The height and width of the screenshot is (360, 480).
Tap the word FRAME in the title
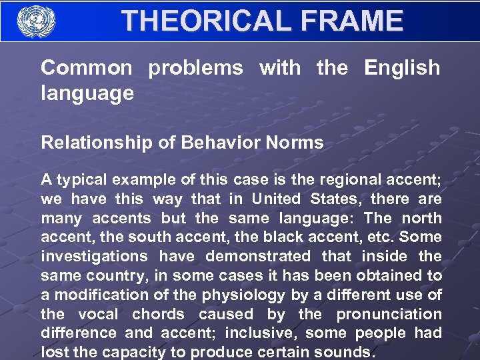[352, 21]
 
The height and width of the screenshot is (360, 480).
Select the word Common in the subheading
[87, 67]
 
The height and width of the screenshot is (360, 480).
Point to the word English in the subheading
[401, 67]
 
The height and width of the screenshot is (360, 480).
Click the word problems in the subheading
[195, 67]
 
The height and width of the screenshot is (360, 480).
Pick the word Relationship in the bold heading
[86, 142]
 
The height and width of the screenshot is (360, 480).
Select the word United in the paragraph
[276, 199]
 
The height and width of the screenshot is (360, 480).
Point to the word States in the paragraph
[335, 199]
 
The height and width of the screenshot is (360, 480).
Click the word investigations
[95, 256]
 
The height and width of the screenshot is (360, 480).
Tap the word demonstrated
[258, 256]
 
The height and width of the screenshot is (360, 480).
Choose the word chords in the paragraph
[156, 314]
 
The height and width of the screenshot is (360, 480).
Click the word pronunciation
[389, 314]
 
